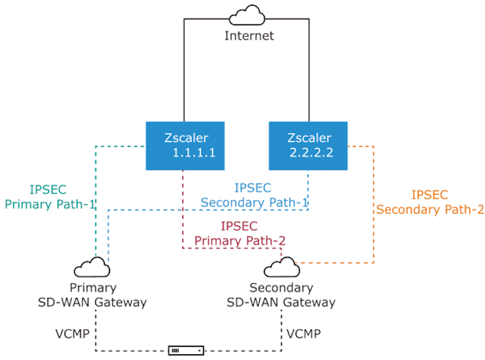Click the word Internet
tap(249, 36)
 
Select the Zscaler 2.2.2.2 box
tap(308, 145)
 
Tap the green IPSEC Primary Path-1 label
tap(50, 197)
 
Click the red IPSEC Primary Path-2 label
tap(239, 233)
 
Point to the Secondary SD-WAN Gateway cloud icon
tap(282, 267)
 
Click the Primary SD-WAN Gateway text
tap(93, 294)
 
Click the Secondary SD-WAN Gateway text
tap(281, 294)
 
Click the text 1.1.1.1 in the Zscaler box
tap(194, 153)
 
